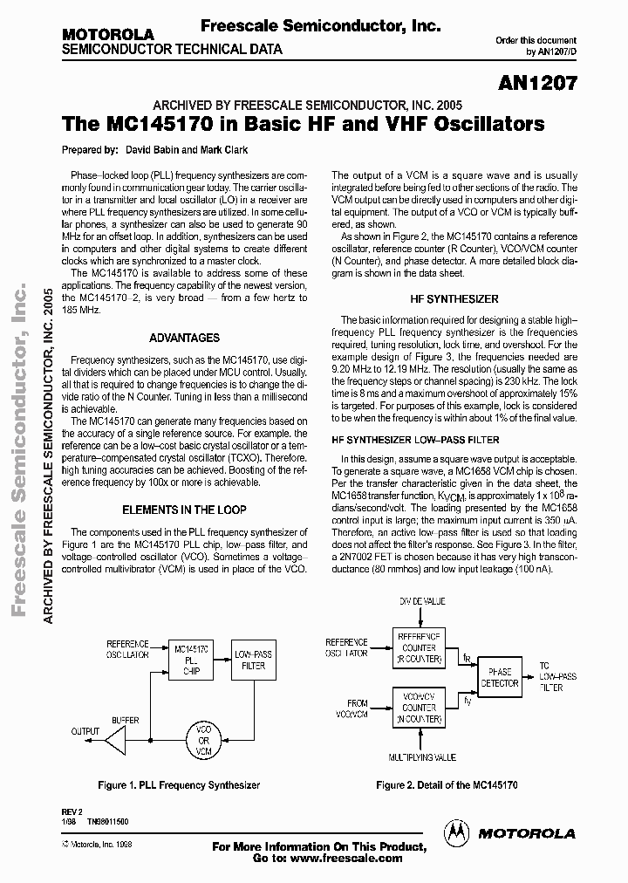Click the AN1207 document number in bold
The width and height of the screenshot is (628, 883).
pos(538,84)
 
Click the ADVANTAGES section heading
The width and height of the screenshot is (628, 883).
pos(184,338)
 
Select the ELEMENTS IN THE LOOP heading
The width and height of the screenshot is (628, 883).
pos(184,510)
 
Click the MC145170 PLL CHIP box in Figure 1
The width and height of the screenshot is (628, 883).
pos(191,660)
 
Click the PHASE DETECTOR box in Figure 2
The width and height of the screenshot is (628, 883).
pos(501,677)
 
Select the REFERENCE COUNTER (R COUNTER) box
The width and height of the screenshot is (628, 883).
pos(418,647)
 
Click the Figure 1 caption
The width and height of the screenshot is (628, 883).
pos(179,785)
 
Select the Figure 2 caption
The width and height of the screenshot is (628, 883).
pos(447,785)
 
